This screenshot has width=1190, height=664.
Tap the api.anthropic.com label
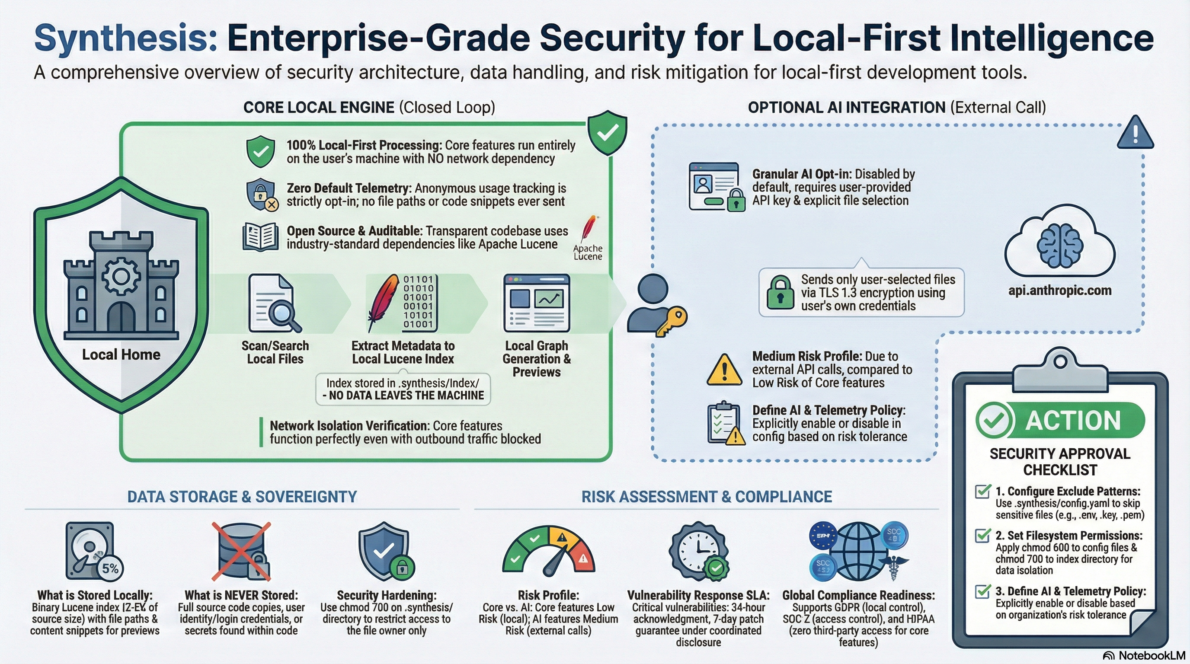(1060, 290)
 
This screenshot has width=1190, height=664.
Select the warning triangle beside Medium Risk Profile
(724, 371)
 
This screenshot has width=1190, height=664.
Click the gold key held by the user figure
(672, 320)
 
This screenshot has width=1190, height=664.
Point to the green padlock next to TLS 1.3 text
(780, 293)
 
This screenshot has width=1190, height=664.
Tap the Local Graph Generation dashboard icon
(537, 303)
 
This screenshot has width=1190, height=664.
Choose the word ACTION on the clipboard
(1073, 421)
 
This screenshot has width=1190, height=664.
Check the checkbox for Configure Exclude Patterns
(982, 492)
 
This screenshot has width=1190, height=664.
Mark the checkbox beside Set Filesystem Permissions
(982, 536)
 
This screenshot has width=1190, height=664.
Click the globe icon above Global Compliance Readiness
(858, 551)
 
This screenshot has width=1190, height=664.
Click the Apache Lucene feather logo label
(588, 252)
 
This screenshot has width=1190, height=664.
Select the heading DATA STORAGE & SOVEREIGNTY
(242, 497)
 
